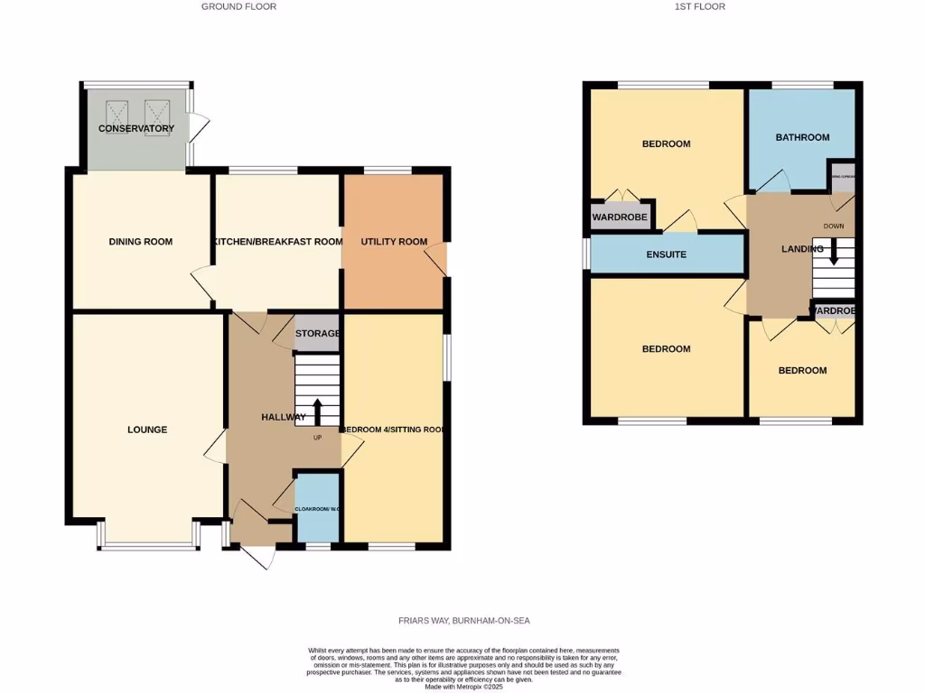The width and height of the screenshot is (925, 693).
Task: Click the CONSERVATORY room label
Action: (136, 129)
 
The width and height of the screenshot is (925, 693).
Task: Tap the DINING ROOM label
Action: (141, 242)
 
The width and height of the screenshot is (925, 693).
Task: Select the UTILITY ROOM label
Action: (394, 242)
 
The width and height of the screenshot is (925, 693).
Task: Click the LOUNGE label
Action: (147, 430)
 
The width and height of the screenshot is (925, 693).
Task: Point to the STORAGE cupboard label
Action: (317, 334)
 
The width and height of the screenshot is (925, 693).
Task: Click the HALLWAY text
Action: (283, 417)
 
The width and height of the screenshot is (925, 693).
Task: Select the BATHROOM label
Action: (802, 137)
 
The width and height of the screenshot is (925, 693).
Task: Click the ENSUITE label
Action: (667, 254)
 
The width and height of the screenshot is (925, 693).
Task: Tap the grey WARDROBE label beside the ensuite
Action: (620, 217)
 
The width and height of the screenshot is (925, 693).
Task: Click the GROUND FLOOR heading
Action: (238, 6)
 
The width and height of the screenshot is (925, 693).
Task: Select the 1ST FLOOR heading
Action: (699, 6)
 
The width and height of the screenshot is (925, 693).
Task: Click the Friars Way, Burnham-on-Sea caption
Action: (464, 621)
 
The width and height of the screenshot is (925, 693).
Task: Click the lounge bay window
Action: (148, 545)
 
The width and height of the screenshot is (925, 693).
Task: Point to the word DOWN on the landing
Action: (834, 226)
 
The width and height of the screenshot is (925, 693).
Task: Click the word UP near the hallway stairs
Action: (317, 439)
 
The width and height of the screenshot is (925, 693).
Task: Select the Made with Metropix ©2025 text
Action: (464, 687)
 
